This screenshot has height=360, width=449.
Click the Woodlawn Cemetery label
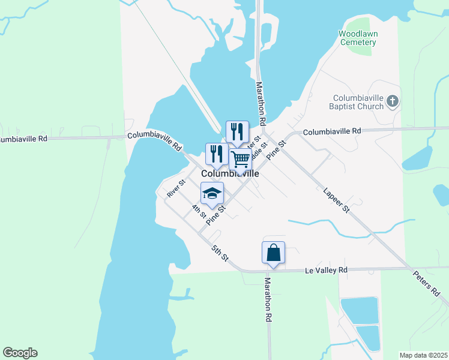358,38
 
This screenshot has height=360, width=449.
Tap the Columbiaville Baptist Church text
358,102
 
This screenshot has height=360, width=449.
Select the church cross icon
393,101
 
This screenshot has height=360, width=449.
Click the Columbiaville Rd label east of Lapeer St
332,131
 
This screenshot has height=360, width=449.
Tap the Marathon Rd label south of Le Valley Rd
268,300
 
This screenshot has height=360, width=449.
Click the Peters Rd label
427,283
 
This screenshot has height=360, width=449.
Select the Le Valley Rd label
326,271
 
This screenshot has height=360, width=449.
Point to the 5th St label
220,253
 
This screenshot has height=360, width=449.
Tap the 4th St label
199,211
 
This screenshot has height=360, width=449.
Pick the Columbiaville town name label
231,173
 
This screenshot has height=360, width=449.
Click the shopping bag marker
273,252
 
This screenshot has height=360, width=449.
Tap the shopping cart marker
240,160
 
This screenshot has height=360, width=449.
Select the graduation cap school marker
212,193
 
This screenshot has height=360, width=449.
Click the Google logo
20,353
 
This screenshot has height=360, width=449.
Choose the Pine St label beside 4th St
214,217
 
